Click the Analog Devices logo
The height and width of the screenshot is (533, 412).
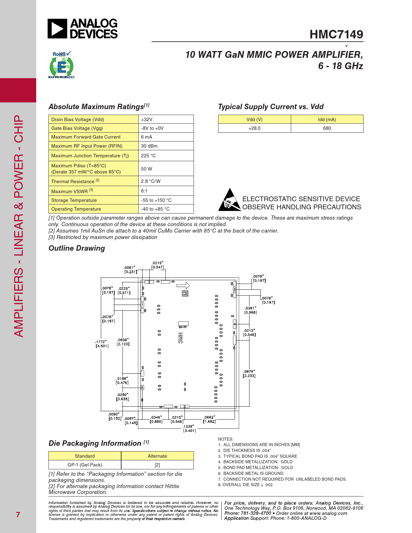point(83,29)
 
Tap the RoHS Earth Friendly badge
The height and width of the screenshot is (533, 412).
point(61,65)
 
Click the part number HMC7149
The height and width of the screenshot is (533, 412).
point(336,35)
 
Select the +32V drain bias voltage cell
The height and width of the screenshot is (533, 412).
point(166,120)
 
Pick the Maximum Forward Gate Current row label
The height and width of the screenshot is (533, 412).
point(86,137)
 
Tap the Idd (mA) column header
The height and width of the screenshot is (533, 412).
point(327,120)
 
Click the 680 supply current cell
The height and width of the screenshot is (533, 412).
point(327,128)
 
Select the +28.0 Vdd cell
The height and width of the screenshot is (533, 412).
point(254,128)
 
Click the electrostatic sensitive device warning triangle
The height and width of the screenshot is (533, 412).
point(229,200)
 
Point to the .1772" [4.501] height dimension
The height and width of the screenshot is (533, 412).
point(101,344)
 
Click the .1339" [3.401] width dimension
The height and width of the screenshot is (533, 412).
point(189,428)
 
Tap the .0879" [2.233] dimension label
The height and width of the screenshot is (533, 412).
point(249,374)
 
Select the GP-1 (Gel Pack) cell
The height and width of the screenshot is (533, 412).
point(85,465)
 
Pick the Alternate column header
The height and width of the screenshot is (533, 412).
point(157,456)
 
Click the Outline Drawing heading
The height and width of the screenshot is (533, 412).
point(77,248)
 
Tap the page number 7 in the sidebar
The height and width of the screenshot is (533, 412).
point(18,515)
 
